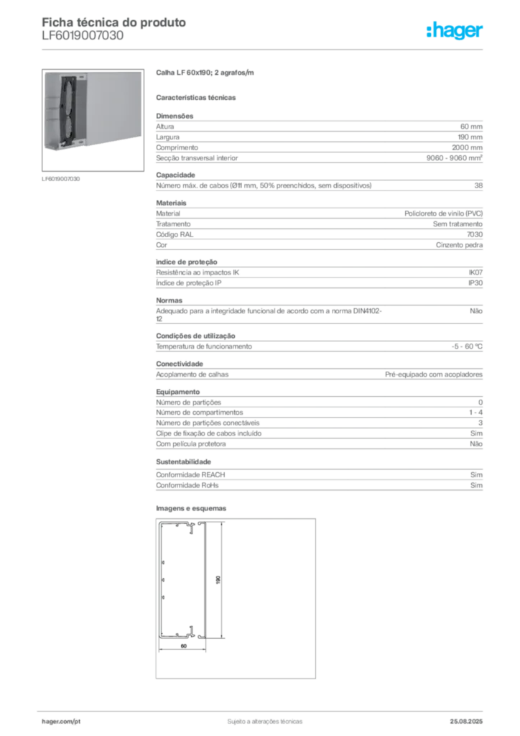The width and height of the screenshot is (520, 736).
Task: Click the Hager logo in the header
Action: [455, 30]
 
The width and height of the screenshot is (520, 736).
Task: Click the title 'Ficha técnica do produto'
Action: [114, 22]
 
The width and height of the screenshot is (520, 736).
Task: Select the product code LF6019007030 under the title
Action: [83, 36]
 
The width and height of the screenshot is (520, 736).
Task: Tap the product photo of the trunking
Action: [93, 120]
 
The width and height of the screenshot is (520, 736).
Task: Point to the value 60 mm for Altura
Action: [471, 126]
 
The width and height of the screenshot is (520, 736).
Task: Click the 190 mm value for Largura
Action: [470, 137]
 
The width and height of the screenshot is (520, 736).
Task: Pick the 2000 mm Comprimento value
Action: [467, 147]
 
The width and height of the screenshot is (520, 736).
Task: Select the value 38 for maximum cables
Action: [478, 185]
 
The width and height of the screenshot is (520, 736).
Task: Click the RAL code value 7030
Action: [475, 234]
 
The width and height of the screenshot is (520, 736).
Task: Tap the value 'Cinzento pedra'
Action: [459, 245]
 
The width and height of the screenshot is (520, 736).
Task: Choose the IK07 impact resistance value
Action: [475, 272]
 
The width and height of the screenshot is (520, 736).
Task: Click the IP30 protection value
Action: [475, 283]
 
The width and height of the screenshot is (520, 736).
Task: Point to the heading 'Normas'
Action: [170, 300]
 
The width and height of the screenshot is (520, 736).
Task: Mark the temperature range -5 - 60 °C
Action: [467, 346]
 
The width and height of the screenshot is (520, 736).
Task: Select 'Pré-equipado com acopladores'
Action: [434, 374]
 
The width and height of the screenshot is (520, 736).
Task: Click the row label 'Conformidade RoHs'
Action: [187, 485]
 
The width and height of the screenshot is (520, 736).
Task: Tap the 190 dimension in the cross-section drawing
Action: [218, 580]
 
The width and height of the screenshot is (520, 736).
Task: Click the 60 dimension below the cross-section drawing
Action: [184, 646]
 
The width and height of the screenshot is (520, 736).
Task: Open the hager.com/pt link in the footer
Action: [61, 722]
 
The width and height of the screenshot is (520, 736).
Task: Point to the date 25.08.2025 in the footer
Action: [466, 722]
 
